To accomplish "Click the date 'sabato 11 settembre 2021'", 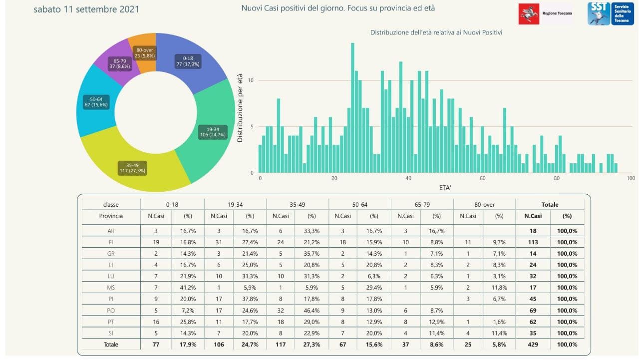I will (86, 9).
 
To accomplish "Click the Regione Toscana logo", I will (545, 13).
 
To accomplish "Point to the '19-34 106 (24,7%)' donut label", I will (212, 132).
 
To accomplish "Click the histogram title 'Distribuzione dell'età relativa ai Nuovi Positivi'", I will (436, 32).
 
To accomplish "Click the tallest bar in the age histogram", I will (352, 108).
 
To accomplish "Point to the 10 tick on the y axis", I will (251, 80).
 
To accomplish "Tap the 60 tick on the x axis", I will (483, 178).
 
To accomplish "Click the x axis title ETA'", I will (444, 188).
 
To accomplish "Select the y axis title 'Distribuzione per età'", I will (240, 108).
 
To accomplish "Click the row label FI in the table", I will (111, 242).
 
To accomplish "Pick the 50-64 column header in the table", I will (359, 204).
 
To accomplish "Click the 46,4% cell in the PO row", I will (312, 311).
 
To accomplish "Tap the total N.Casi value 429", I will (533, 345).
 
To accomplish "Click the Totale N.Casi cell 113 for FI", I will (533, 242).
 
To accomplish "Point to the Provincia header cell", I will (111, 216).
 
